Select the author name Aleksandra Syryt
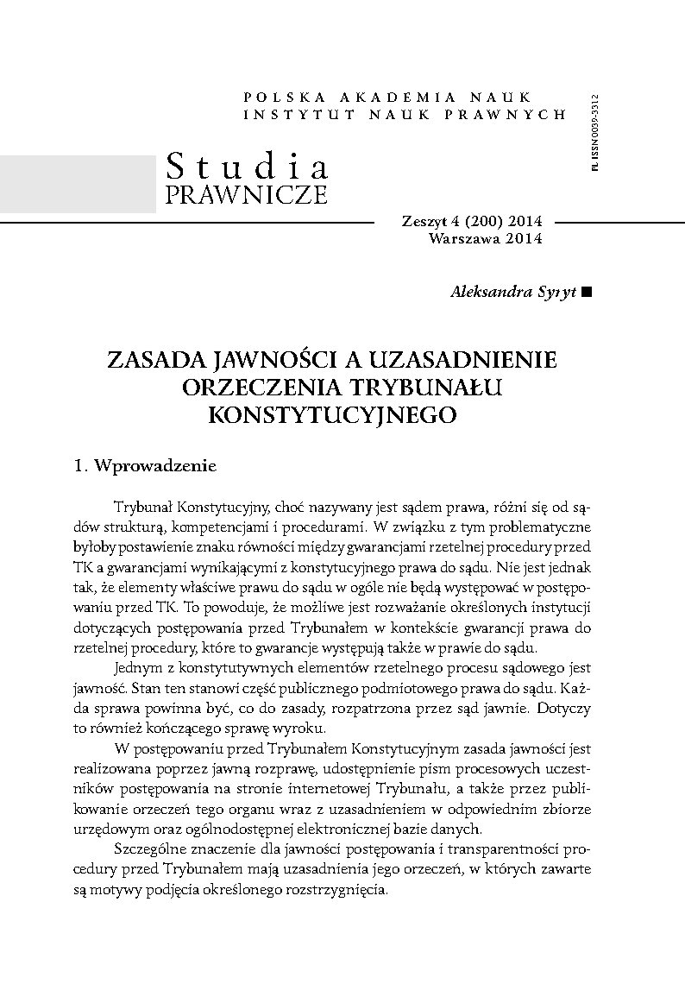point(513,293)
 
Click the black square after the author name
point(588,293)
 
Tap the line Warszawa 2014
point(485,238)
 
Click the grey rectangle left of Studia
point(78,182)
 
